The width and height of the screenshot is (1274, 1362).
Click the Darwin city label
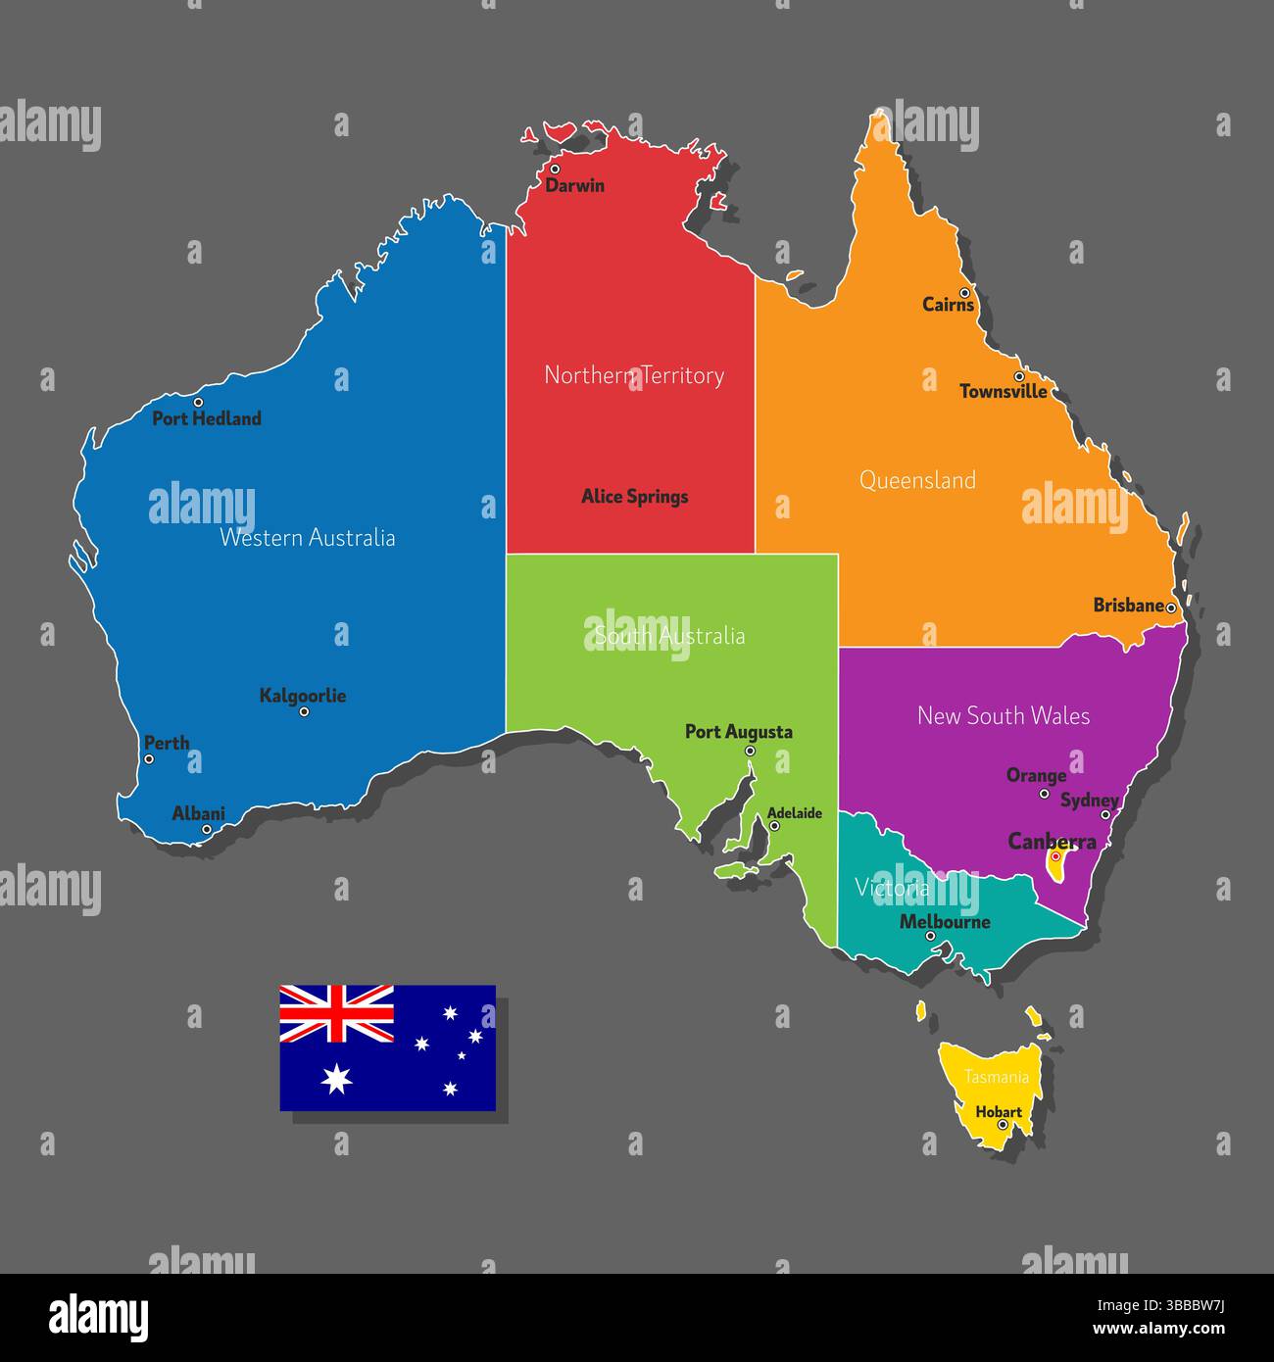575,185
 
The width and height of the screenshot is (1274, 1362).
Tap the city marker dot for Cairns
964,293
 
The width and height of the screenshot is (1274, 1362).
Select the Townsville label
1003,392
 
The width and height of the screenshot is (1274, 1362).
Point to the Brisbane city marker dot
1170,608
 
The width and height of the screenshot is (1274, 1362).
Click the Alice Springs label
635,497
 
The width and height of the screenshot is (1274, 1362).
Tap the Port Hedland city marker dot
198,402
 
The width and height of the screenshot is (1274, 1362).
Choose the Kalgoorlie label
303,696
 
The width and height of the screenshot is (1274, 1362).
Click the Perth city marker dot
149,758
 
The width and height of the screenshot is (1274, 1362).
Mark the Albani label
198,813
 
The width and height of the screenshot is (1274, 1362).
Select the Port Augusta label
739,732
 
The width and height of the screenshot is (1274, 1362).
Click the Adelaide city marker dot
774,826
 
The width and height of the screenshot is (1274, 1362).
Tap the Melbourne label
945,922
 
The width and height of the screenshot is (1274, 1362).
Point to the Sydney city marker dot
1105,814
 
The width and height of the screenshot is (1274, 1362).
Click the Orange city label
1036,776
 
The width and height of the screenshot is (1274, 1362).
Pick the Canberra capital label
1053,842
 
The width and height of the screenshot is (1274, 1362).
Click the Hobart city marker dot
1002,1125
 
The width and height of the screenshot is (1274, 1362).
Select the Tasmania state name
997,1077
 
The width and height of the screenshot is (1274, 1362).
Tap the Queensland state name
917,480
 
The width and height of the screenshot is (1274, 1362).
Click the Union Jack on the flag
337,1014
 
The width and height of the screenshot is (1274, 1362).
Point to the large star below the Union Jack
336,1078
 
